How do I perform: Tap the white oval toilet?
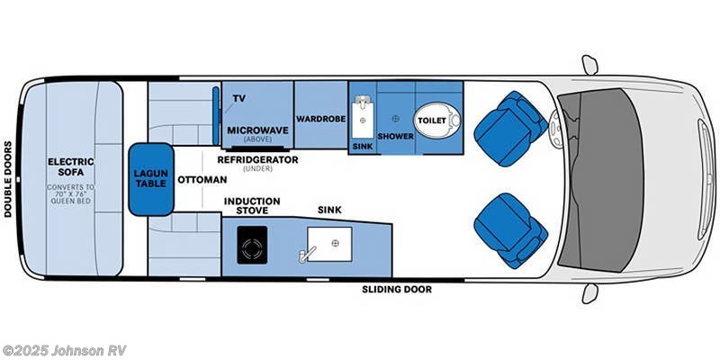(x=436, y=118)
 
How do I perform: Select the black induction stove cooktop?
(x=253, y=244)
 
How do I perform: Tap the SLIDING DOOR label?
(x=397, y=290)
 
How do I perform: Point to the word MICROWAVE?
(x=257, y=130)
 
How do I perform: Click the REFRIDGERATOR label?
(x=257, y=159)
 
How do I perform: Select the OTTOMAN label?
(x=201, y=179)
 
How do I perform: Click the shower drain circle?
(x=395, y=118)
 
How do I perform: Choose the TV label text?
(x=239, y=98)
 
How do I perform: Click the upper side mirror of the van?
(x=589, y=65)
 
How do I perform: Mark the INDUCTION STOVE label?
(x=252, y=206)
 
